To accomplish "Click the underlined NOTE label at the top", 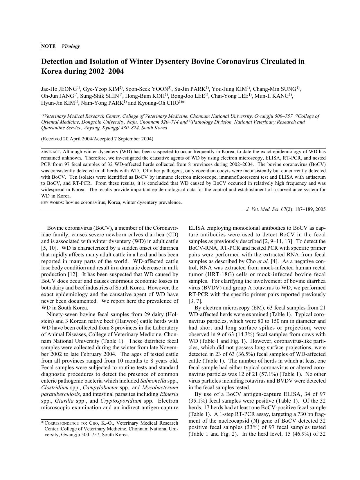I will (48, 46).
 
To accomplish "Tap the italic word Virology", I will (71, 46).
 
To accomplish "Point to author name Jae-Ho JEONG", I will (59, 89).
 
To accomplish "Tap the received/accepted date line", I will (97, 139).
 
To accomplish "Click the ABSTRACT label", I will (51, 152).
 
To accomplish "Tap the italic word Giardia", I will (64, 401).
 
